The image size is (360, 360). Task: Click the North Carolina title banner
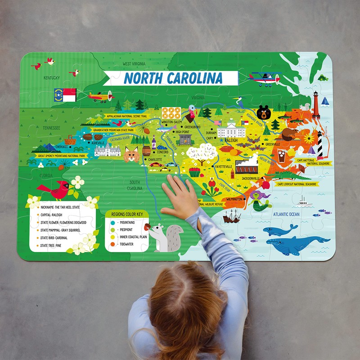click(x=173, y=78)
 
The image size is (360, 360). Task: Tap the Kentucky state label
click(x=51, y=78)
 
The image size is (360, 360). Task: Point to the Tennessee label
click(x=51, y=128)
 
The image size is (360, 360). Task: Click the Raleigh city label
click(x=231, y=140)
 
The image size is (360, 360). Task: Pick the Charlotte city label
click(x=155, y=159)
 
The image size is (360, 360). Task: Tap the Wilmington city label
click(x=234, y=198)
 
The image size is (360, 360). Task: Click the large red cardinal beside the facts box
click(x=56, y=189)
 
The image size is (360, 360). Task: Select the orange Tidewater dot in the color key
click(x=112, y=244)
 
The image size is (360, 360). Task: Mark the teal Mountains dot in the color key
click(x=112, y=222)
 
